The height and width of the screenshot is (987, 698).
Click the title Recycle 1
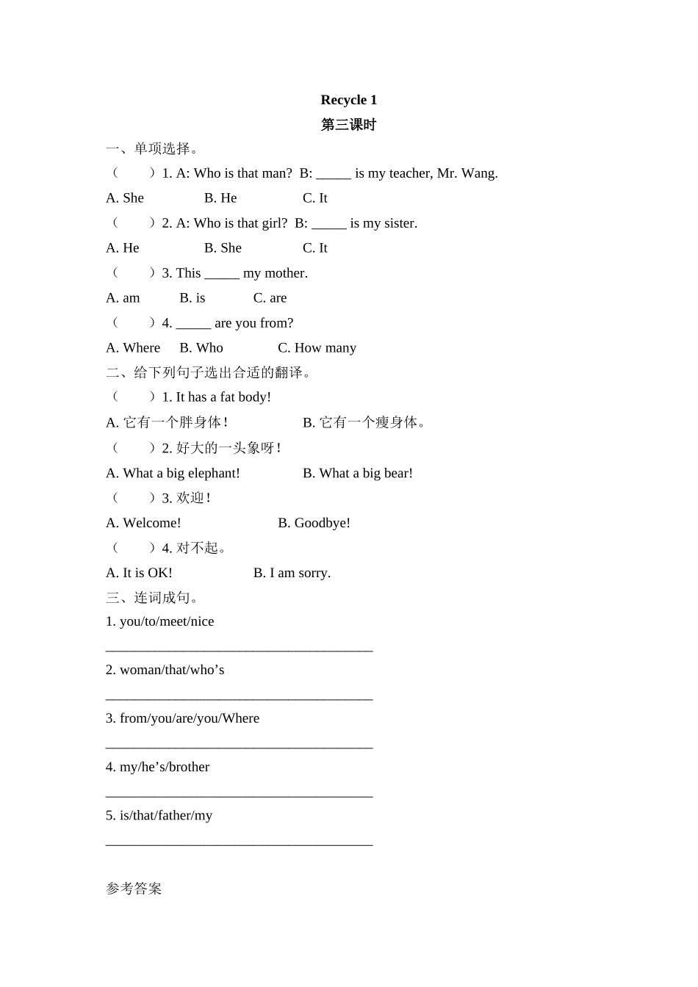pos(348,100)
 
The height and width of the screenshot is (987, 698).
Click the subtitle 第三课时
pos(348,125)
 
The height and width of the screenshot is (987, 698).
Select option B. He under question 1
pos(220,198)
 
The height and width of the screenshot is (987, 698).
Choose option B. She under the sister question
pos(223,248)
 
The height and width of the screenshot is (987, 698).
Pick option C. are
pos(270,298)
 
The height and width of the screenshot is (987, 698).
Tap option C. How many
pos(317,348)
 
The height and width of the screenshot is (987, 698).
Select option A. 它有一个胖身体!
pos(167,422)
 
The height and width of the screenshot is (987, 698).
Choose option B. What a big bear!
pos(358,474)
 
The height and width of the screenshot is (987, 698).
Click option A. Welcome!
pos(143,523)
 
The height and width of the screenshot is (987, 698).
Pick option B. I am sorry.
pos(292,573)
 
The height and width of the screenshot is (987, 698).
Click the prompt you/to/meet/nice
pos(159,621)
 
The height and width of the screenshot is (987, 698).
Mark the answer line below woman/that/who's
pos(240,698)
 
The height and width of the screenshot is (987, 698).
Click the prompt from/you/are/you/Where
pos(182,718)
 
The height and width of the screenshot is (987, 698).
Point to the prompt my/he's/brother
pos(157,767)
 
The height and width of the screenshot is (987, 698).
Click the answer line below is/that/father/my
pos(240,843)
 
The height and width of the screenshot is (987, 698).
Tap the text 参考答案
pos(134,889)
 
